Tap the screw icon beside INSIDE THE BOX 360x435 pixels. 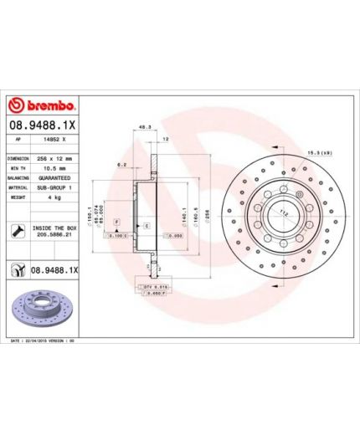click(17, 230)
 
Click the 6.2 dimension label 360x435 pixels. click(123, 165)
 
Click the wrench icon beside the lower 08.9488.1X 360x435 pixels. click(15, 270)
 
